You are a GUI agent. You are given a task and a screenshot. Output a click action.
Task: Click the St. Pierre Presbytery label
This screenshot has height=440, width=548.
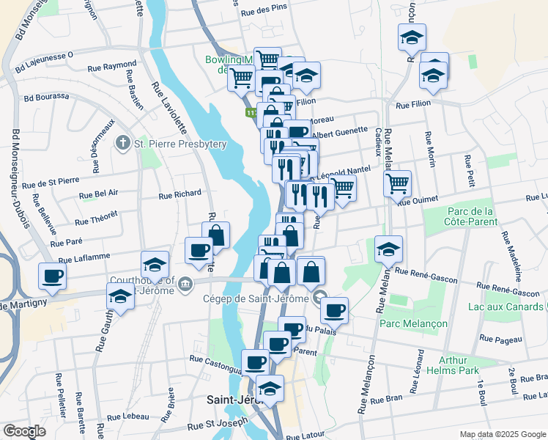coord(180,144)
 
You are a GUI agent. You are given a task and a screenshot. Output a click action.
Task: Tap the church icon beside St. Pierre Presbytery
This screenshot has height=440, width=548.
coord(125,143)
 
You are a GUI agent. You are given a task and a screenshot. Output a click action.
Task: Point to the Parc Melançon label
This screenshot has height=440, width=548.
coord(407,322)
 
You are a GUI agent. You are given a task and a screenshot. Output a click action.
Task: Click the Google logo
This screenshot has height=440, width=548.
coord(25,431)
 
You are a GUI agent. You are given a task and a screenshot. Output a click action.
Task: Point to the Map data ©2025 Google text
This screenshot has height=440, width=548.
coord(502,434)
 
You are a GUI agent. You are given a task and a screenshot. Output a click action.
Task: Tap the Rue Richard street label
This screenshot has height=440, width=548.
coord(179,194)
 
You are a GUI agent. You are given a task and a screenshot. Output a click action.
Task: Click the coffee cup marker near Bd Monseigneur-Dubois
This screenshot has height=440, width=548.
coord(53,277)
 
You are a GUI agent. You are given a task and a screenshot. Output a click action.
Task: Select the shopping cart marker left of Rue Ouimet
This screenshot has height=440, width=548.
coord(397,183)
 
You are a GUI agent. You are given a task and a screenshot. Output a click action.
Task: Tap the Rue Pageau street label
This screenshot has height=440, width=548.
coord(500,339)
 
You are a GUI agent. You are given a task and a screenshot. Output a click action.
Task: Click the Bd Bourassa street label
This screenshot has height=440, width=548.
coord(46,96)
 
